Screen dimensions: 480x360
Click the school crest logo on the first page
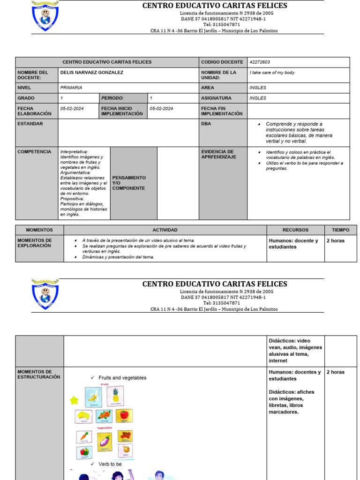pos(45,16)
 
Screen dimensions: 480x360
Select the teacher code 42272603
pos(260,62)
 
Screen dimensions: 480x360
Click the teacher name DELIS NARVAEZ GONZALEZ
pos(92,73)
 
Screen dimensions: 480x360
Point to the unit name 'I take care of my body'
pos(272,73)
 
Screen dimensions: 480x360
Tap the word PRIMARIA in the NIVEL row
pos(71,88)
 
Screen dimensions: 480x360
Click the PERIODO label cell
pos(112,98)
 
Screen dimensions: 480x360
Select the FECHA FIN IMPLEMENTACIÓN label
pos(222,111)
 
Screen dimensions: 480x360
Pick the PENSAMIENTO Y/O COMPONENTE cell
pos(129,183)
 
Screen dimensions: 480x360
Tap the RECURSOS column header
pos(295,230)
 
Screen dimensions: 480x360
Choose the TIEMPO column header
pos(340,230)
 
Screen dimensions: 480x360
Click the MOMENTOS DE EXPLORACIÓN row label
pos(35,243)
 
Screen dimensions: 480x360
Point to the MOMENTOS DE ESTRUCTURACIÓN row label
pos(38,374)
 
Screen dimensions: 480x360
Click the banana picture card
pos(93,397)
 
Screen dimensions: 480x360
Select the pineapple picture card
pos(115,396)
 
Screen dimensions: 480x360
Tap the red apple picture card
pos(124,416)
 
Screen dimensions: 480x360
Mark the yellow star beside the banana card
pos(74,400)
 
